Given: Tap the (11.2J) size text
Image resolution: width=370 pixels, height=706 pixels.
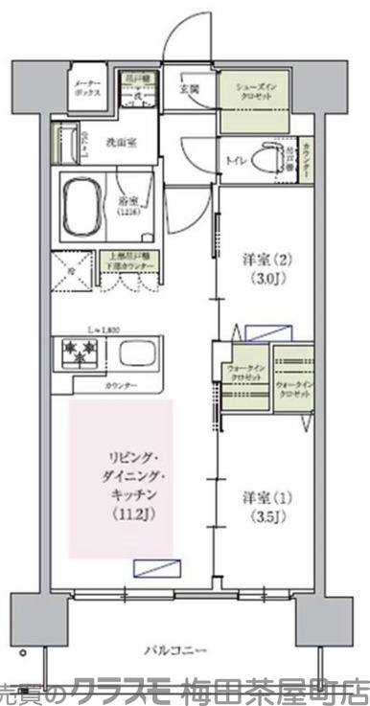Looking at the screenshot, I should tap(121, 517).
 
